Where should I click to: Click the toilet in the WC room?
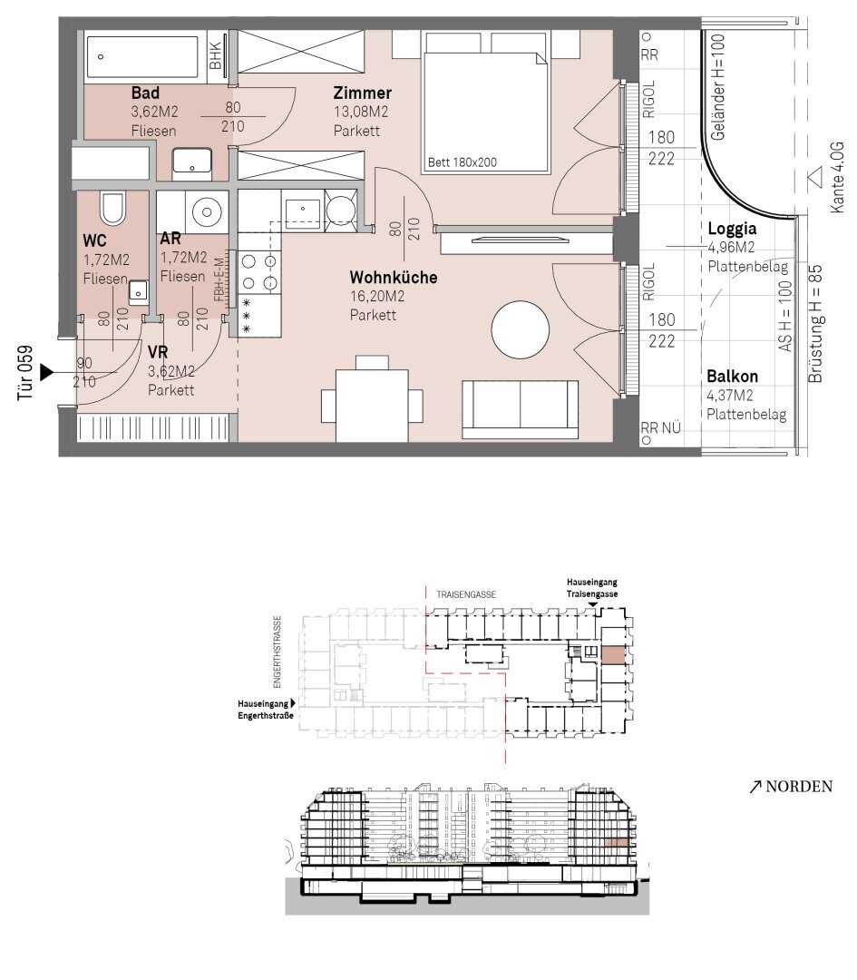(113, 208)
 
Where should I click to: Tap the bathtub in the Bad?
(141, 57)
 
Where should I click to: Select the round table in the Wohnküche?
(521, 329)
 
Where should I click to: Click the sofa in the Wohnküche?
(521, 408)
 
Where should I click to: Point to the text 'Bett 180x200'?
(463, 162)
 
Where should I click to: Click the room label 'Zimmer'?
(362, 93)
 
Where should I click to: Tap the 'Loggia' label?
(732, 229)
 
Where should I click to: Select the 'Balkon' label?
(732, 377)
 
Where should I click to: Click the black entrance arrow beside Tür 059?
(47, 373)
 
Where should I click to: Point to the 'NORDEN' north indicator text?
(799, 786)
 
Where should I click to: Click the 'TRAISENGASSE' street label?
(466, 594)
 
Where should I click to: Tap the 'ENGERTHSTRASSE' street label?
(278, 652)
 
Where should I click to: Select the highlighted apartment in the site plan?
(612, 654)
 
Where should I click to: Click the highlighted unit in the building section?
(616, 842)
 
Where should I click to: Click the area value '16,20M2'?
(376, 296)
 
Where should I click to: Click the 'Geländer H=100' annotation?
(717, 87)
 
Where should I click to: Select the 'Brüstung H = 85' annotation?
(815, 324)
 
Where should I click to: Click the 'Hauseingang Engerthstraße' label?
(266, 710)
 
